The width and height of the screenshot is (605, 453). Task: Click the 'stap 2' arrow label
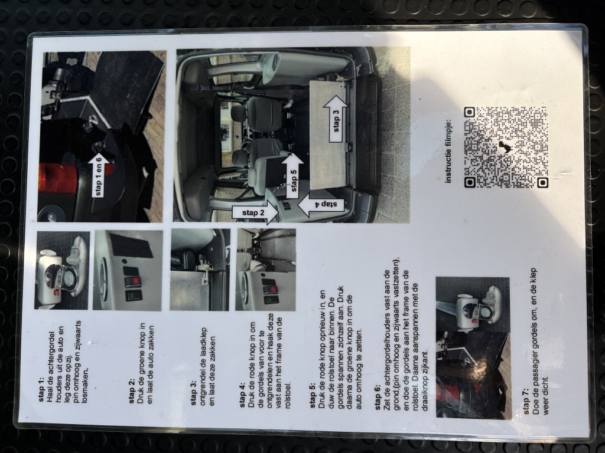pos(255,213)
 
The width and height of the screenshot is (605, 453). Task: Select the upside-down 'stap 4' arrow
pos(321,205)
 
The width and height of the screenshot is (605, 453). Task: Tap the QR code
pos(506,147)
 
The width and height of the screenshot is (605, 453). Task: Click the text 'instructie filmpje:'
pos(448,151)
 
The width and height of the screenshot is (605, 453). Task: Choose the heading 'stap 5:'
pos(313,396)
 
